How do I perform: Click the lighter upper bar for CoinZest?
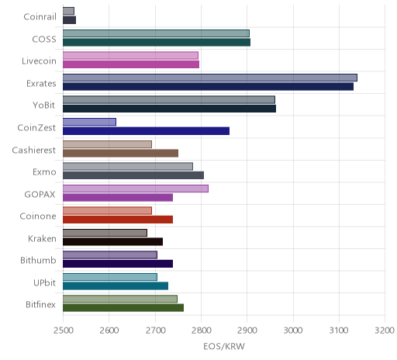coord(89,122)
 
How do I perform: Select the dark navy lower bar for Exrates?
coord(208,87)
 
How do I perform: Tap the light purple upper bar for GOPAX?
coord(136,189)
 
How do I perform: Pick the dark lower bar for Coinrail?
coord(69,20)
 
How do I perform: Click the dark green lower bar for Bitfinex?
coord(123,308)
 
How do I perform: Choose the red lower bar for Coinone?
coord(118,220)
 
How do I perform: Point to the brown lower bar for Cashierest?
coord(120,153)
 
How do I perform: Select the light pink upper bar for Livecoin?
coord(130,56)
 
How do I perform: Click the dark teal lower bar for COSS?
coord(157,43)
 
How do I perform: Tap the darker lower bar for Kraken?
coord(112,242)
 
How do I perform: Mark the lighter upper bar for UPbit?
coord(110,277)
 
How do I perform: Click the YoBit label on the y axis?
coord(44,106)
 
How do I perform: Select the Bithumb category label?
coord(38,260)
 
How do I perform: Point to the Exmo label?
coord(44,172)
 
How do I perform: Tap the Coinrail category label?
coord(40,17)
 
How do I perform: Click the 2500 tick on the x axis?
coord(64,331)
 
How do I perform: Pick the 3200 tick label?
coord(385,331)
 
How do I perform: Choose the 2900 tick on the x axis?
coord(247,331)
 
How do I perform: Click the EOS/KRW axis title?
coord(224,347)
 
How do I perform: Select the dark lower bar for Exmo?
coord(133,175)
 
